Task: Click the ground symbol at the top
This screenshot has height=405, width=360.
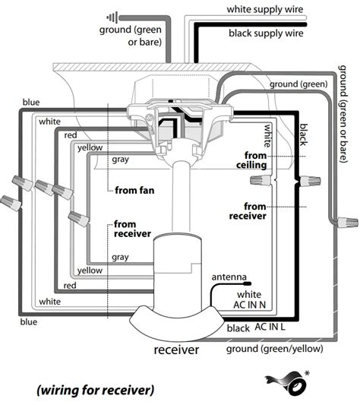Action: (112, 17)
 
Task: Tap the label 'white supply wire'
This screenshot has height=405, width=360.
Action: (265, 9)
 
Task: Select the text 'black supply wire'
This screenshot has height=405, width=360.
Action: (266, 33)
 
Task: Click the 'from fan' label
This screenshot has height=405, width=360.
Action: (134, 191)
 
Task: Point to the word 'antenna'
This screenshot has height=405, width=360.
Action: (229, 277)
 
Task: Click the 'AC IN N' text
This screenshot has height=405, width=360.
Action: (249, 305)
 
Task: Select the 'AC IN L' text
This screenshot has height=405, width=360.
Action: (270, 327)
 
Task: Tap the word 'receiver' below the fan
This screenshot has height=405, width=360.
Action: (176, 350)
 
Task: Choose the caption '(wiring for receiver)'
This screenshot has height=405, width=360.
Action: (96, 390)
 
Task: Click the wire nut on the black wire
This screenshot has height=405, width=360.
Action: (309, 181)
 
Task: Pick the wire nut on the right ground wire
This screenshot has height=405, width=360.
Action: (347, 222)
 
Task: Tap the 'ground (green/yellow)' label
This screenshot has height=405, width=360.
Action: (275, 349)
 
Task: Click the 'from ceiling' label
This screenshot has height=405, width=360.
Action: (252, 160)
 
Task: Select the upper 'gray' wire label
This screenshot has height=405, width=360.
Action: (120, 160)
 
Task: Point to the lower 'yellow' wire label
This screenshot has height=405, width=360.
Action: (90, 271)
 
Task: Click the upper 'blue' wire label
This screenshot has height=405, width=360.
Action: (31, 103)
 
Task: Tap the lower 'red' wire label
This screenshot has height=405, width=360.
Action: (70, 286)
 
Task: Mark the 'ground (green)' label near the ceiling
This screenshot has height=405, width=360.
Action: (298, 84)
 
